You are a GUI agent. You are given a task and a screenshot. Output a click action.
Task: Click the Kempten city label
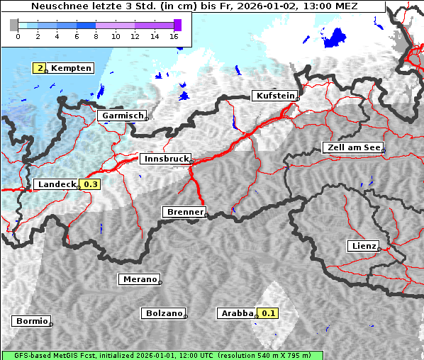pos(71,68)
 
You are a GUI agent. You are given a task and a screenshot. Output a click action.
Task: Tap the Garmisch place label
pos(122,116)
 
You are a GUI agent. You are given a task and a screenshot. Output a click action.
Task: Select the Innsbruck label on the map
pos(165,159)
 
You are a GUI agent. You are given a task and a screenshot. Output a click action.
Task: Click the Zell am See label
pos(352,148)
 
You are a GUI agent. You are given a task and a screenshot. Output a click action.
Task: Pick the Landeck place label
pos(56,184)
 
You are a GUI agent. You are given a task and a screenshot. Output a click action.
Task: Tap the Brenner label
pos(184,212)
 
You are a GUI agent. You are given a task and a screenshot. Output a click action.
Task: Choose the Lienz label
pos(363,246)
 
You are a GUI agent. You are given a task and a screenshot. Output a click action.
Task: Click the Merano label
pos(138,279)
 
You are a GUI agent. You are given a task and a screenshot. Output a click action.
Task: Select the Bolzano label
pos(163,313)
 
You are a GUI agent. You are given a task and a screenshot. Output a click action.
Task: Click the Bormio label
pos(31,321)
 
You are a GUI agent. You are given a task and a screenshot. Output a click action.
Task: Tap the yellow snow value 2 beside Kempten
pos(41,68)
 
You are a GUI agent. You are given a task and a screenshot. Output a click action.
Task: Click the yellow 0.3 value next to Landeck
pos(91,184)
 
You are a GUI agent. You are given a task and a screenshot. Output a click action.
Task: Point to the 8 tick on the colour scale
pos(96,36)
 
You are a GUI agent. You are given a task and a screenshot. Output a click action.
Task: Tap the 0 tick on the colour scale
pos(18,36)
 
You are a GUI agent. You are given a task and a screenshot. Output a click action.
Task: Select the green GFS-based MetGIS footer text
pos(162,355)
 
